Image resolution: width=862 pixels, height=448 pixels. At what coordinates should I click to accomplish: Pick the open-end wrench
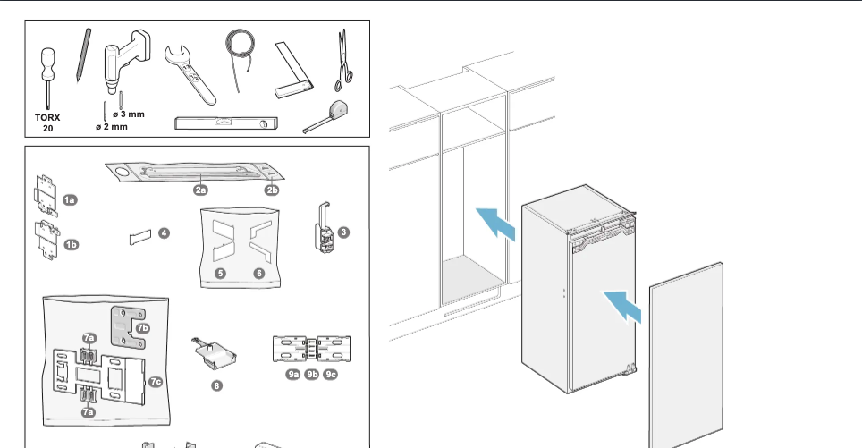pyautogui.click(x=190, y=74)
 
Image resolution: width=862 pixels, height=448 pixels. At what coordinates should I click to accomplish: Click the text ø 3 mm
pyautogui.click(x=128, y=114)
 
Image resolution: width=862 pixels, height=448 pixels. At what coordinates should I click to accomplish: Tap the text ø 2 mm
pyautogui.click(x=112, y=127)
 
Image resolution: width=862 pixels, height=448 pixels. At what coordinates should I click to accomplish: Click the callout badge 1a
pyautogui.click(x=69, y=199)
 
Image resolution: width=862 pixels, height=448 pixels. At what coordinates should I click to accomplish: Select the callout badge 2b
pyautogui.click(x=272, y=190)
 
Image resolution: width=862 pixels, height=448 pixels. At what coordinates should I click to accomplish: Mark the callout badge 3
pyautogui.click(x=343, y=232)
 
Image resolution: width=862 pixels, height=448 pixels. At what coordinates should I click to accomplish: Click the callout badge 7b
pyautogui.click(x=143, y=328)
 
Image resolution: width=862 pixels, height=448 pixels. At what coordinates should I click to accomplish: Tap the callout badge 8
pyautogui.click(x=215, y=385)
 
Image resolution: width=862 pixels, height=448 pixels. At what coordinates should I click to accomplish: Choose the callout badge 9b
pyautogui.click(x=311, y=374)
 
